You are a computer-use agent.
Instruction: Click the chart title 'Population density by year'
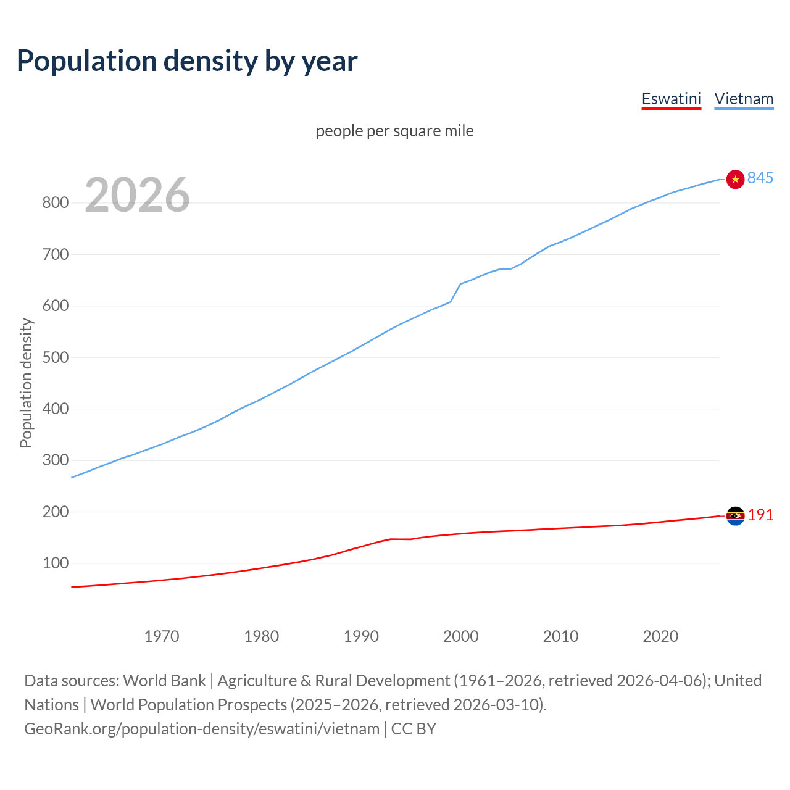[187, 61]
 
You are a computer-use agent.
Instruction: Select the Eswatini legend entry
[671, 99]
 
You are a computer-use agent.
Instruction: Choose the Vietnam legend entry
[744, 99]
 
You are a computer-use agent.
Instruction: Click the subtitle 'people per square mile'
[394, 131]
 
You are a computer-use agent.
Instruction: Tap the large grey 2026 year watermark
[137, 195]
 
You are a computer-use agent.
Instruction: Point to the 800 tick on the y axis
[55, 202]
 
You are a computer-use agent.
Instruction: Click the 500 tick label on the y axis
[55, 357]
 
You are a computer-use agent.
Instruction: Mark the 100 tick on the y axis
[55, 563]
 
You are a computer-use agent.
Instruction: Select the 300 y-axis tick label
[55, 460]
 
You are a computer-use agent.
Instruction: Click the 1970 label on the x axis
[162, 636]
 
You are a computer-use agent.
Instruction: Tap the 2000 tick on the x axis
[461, 636]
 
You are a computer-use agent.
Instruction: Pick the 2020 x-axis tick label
[660, 636]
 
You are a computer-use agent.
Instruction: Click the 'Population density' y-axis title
[26, 383]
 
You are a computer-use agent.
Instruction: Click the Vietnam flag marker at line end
[735, 179]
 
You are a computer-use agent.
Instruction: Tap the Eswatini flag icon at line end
[735, 515]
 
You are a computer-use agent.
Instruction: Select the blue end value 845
[760, 178]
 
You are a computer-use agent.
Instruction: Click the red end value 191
[760, 515]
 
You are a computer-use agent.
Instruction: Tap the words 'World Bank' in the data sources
[164, 681]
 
